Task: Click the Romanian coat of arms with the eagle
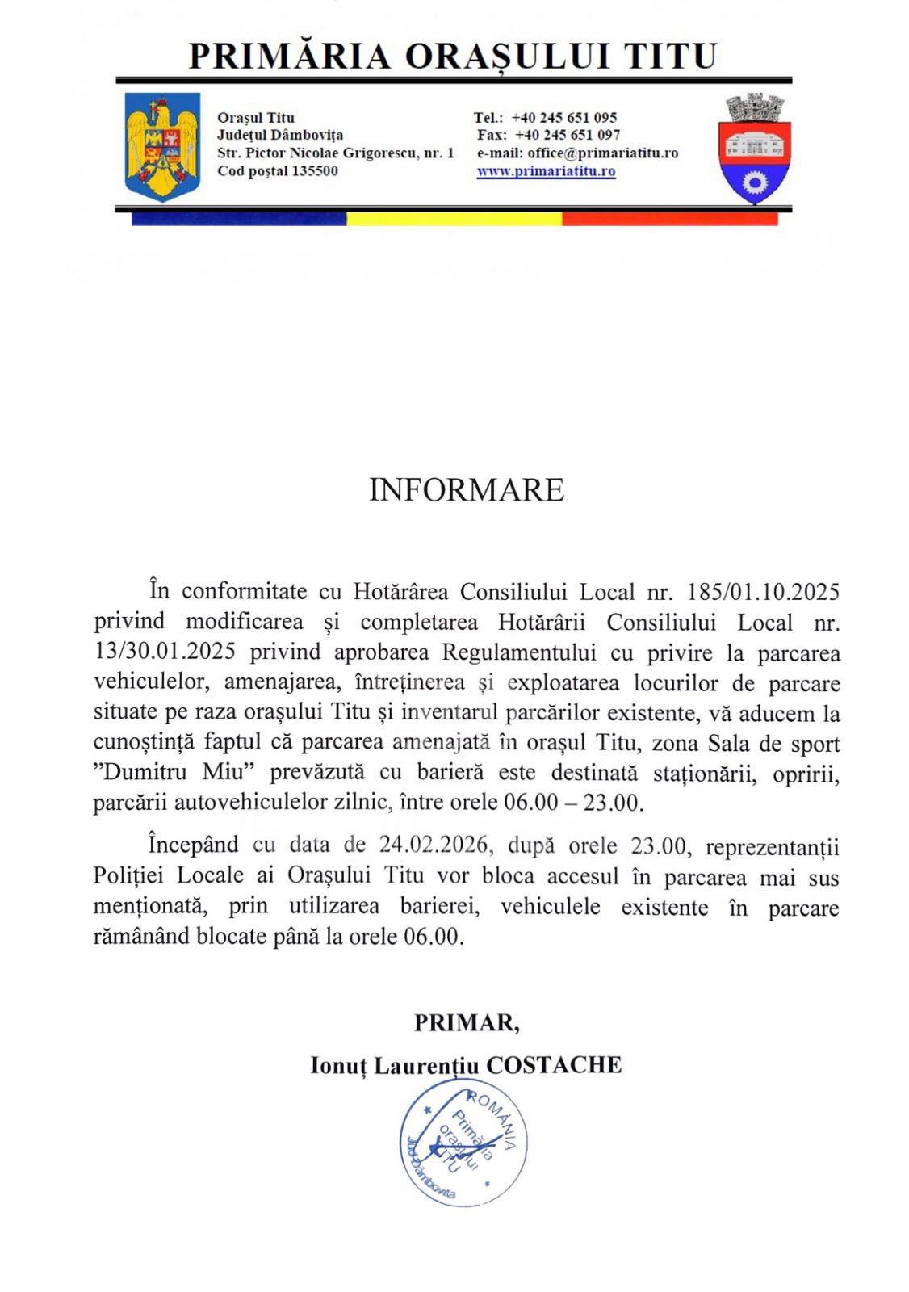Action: coord(162,146)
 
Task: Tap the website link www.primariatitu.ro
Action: coord(546,171)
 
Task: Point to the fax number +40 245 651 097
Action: coord(568,135)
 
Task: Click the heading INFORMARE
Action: coord(466,490)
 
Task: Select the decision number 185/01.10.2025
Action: coord(763,592)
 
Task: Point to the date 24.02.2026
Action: coord(434,845)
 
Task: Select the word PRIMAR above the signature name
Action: coord(465,1022)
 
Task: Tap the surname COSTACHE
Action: coord(553,1065)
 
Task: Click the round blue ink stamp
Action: coord(464,1143)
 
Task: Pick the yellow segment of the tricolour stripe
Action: coord(454,219)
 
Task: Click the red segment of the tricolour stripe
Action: coord(669,219)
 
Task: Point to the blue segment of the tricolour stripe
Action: coord(239,219)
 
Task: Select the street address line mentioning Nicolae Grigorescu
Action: coord(335,153)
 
